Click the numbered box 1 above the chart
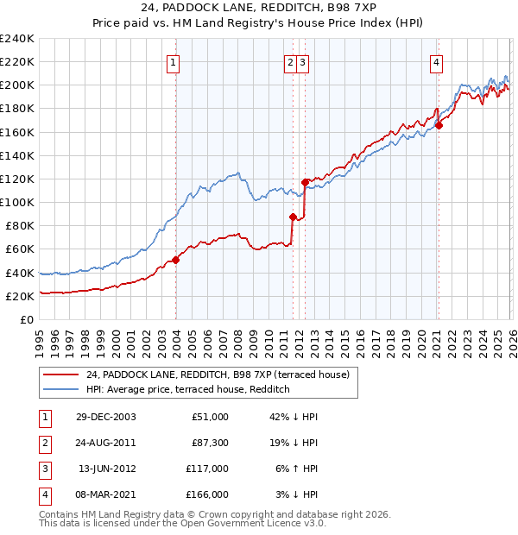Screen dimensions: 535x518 click(x=174, y=62)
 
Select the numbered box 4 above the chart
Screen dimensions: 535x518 click(x=438, y=62)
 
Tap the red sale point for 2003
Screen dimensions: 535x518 click(x=175, y=259)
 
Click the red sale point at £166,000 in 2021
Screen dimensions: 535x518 click(x=439, y=125)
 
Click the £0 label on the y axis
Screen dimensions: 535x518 click(x=28, y=319)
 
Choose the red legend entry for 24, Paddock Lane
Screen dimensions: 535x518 click(x=217, y=374)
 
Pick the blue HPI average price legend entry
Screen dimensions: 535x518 click(x=186, y=390)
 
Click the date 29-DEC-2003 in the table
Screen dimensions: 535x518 click(x=106, y=417)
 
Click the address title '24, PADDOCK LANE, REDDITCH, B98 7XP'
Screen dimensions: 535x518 click(x=259, y=10)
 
